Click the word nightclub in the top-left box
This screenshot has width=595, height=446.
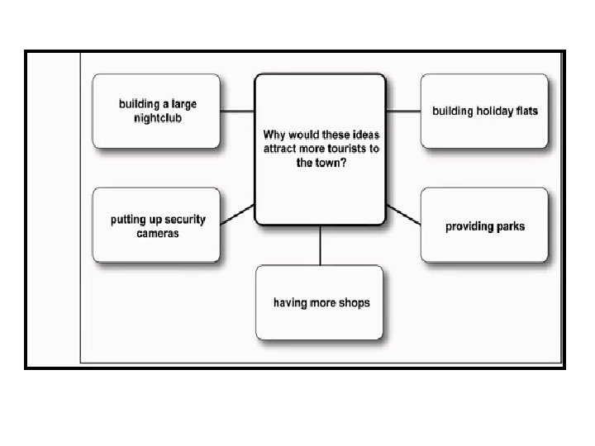[157, 118]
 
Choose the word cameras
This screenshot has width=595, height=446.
[158, 234]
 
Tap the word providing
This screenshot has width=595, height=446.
[469, 226]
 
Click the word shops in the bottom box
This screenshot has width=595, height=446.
[353, 303]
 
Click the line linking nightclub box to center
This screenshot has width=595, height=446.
[238, 111]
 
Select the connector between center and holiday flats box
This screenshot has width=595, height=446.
[403, 111]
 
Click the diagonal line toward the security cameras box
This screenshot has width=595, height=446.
[238, 214]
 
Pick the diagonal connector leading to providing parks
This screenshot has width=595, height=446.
[403, 214]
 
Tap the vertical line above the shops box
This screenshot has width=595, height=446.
[321, 245]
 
